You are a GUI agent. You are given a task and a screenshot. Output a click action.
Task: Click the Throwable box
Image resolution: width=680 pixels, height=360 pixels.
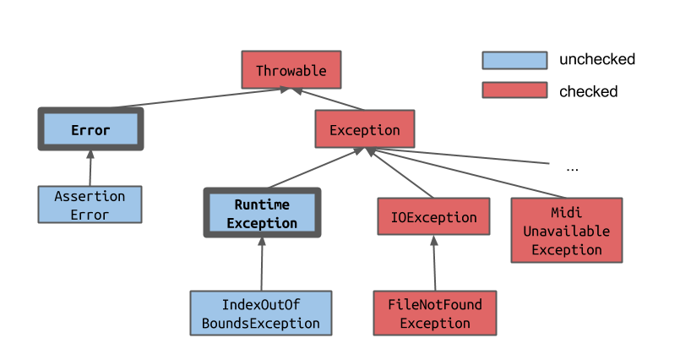[x=290, y=70]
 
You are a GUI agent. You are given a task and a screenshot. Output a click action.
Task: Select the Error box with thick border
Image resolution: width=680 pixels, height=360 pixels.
[x=90, y=129]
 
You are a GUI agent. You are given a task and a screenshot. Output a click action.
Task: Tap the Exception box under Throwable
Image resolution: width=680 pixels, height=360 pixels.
[x=364, y=129]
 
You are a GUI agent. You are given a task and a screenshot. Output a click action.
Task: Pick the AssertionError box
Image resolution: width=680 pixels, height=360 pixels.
[x=90, y=205]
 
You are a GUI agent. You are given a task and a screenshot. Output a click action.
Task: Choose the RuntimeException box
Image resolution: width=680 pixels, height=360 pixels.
[x=262, y=213]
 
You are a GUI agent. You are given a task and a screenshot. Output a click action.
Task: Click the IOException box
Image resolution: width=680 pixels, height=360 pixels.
[x=433, y=216]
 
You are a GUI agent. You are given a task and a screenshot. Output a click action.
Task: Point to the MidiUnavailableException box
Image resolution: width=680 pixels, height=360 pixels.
[x=566, y=230]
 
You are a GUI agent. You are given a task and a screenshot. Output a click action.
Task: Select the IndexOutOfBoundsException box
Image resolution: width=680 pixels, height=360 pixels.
[x=261, y=314]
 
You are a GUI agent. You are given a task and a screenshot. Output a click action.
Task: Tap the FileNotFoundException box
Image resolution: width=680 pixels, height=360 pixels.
[x=434, y=314]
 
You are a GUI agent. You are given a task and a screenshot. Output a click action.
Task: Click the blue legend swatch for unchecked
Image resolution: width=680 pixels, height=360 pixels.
[x=514, y=60]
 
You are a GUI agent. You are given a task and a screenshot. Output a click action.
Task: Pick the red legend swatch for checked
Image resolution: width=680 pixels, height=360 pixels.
[x=514, y=90]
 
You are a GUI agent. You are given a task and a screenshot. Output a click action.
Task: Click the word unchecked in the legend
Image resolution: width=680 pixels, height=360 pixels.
[x=596, y=60]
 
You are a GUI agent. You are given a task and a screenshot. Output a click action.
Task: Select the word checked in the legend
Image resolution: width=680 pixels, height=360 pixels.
[x=588, y=91]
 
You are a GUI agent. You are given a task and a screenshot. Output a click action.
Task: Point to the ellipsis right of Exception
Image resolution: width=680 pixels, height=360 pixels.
[x=572, y=168]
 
